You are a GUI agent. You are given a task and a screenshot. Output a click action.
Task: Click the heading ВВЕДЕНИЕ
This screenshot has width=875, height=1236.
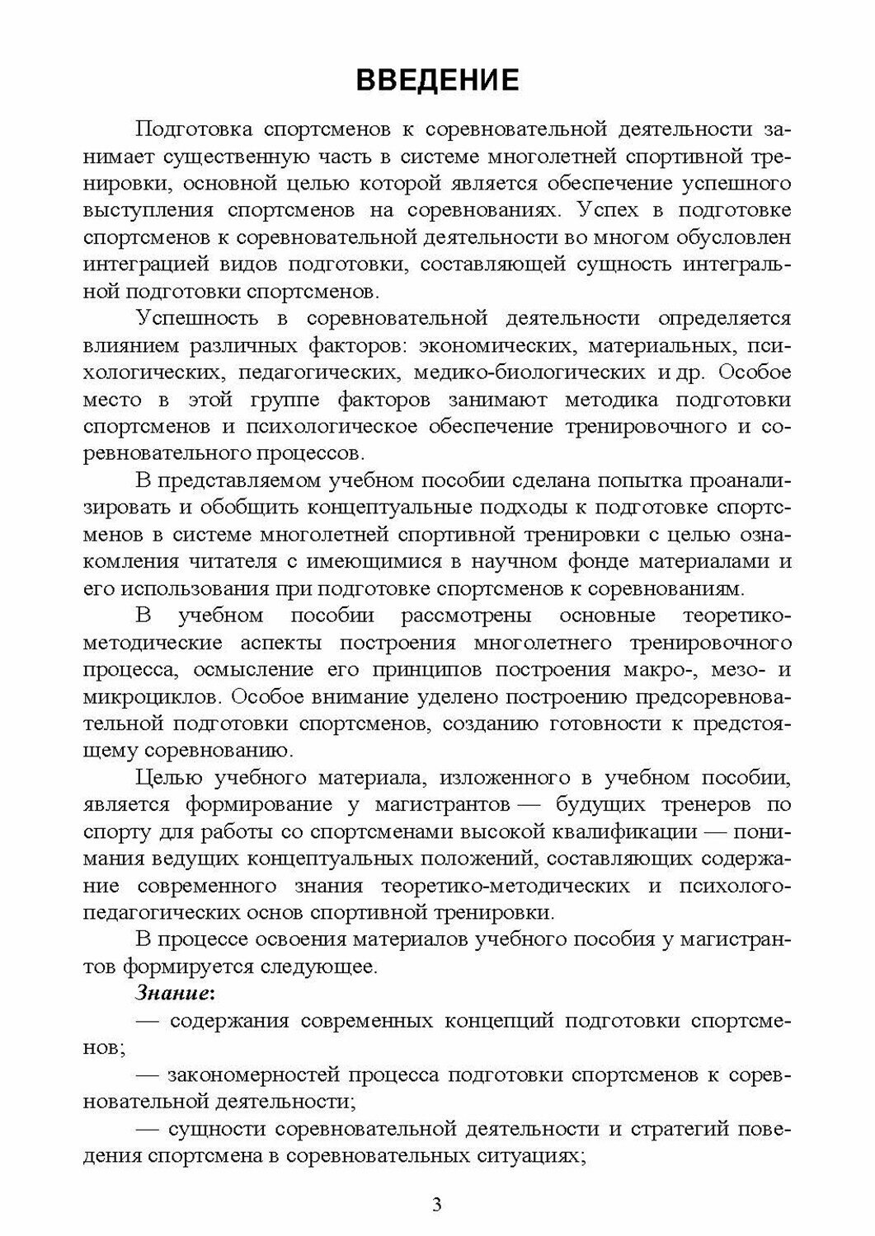coord(437,79)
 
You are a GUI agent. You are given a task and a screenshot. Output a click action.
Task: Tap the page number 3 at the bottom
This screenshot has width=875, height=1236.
coord(437,1206)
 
